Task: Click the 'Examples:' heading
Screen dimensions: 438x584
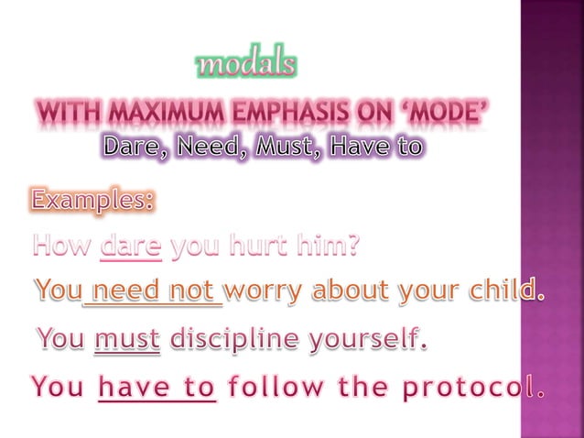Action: point(92,199)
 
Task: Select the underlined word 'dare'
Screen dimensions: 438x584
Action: point(132,246)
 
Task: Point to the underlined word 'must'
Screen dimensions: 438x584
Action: point(127,340)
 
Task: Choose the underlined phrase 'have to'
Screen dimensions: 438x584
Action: point(157,389)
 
